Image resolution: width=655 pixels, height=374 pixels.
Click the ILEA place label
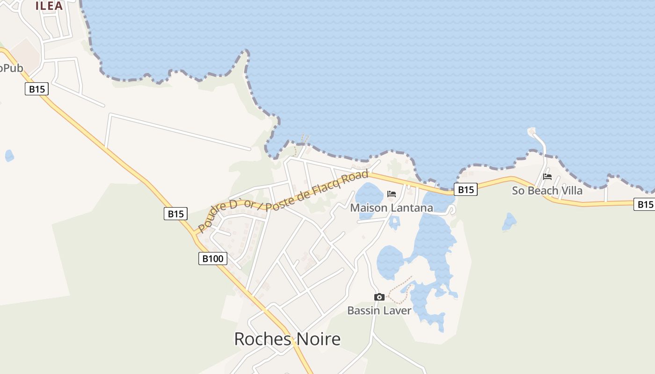[49, 6]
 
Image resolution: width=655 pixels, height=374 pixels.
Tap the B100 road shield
[213, 258]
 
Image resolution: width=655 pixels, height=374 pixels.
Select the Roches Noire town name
[287, 339]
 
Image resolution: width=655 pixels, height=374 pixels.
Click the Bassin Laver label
[379, 310]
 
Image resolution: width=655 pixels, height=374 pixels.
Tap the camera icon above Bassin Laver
[379, 297]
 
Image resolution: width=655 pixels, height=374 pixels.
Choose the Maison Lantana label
[392, 208]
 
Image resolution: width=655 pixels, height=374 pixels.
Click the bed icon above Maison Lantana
[392, 194]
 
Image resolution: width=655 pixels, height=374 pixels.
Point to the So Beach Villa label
[547, 190]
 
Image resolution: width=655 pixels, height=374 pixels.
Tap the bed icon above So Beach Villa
[547, 177]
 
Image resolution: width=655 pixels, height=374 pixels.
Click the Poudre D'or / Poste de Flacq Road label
[283, 201]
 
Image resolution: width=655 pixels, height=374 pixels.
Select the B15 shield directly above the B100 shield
[176, 214]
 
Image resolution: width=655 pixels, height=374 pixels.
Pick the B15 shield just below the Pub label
[36, 89]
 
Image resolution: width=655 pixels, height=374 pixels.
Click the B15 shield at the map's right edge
[644, 204]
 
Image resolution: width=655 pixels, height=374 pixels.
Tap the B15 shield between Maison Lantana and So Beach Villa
[466, 189]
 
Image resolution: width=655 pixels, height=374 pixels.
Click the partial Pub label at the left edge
[11, 68]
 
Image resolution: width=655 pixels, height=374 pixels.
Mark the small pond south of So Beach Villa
[509, 222]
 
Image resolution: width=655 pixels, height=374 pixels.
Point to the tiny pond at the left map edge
[9, 156]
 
